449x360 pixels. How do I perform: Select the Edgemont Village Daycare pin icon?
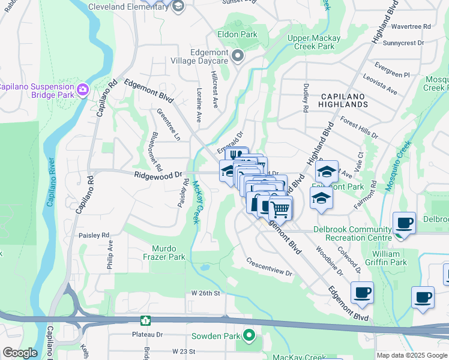point(238,57)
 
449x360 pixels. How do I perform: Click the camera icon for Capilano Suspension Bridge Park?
point(83,91)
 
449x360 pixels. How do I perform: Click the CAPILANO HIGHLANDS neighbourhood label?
point(344,100)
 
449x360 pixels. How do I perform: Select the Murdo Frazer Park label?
point(168,253)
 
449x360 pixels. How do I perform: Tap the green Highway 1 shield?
point(145,321)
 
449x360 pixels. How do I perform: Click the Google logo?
point(20,353)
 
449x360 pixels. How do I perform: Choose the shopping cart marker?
point(280,209)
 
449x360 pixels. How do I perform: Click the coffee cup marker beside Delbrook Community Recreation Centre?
point(404,224)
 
